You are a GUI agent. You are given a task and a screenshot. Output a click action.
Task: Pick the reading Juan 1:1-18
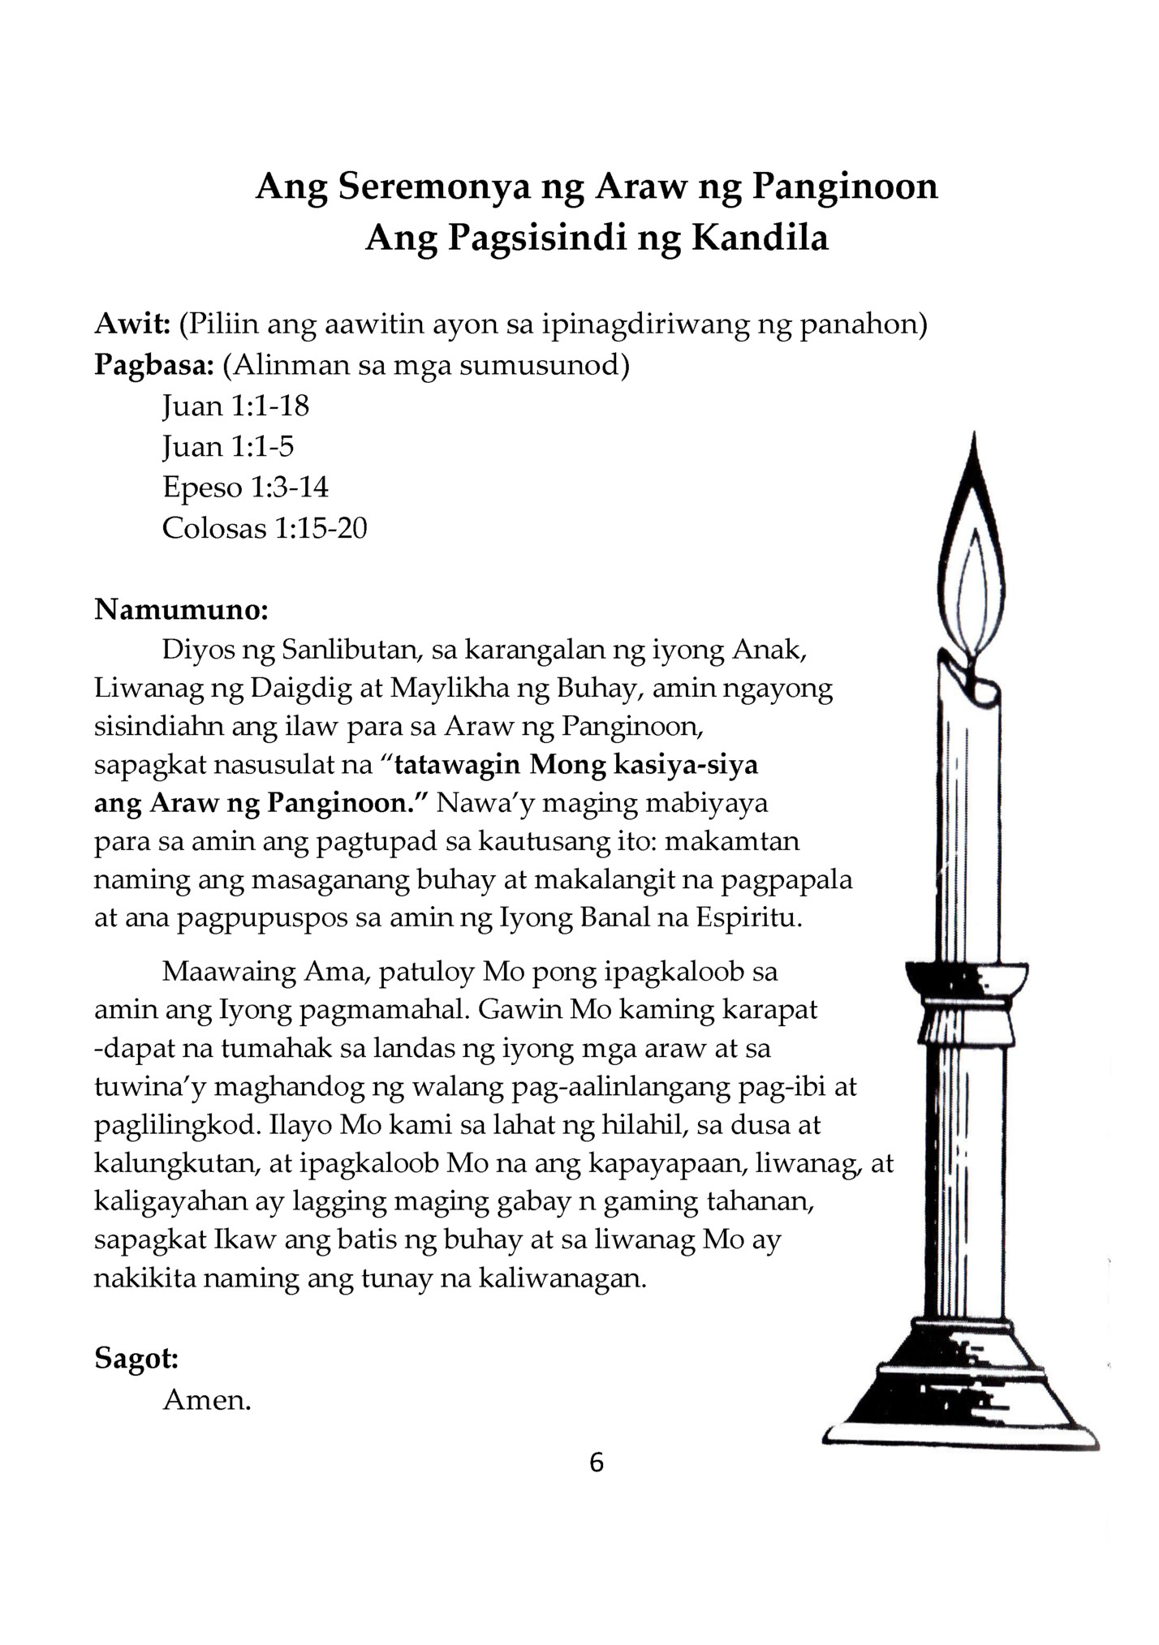click(235, 406)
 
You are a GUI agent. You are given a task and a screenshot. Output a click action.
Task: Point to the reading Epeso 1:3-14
click(245, 487)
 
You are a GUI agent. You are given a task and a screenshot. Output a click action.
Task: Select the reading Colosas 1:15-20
click(265, 528)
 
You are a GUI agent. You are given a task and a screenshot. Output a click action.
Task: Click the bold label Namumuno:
click(181, 608)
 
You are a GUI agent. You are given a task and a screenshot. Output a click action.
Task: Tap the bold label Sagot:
click(136, 1358)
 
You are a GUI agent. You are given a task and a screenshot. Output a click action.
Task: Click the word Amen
click(207, 1399)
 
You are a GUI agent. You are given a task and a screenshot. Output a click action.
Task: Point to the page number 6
click(597, 1462)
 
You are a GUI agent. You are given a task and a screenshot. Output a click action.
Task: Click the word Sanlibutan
click(337, 650)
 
